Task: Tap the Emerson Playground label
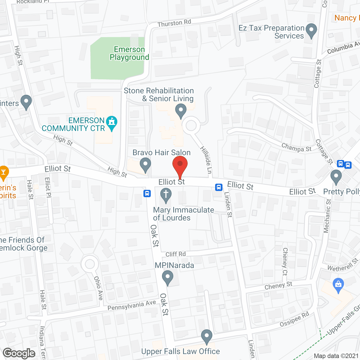(x=129, y=53)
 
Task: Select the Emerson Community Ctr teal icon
(x=112, y=123)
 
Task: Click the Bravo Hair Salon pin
(x=145, y=165)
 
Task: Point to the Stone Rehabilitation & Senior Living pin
(x=181, y=111)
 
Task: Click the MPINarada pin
(x=168, y=277)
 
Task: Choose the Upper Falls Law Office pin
(x=207, y=336)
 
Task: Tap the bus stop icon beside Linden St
(x=219, y=187)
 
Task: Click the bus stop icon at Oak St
(x=147, y=193)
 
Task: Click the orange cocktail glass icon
(x=3, y=173)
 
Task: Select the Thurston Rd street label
(x=174, y=23)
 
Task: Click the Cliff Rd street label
(x=175, y=254)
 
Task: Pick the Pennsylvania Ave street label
(x=132, y=305)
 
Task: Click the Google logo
(x=19, y=353)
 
